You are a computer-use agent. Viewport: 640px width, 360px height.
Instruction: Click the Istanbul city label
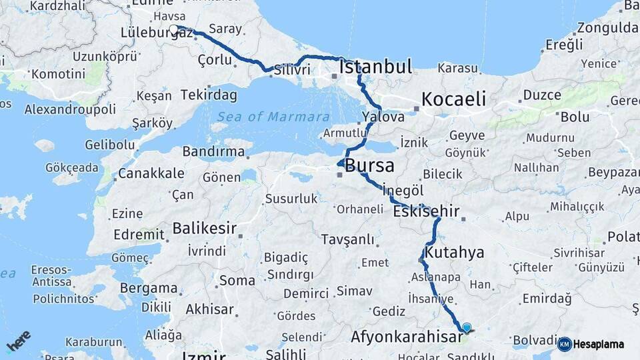[375, 67]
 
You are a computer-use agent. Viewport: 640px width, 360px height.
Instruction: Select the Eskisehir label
[426, 212]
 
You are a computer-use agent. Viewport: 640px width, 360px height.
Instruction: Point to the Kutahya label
[454, 253]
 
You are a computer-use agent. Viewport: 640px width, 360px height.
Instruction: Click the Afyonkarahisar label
[406, 337]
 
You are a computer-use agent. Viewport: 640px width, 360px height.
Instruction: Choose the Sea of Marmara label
[271, 117]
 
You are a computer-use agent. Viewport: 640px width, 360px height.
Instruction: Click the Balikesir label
[204, 229]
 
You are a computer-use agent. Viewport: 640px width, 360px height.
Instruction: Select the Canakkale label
[151, 174]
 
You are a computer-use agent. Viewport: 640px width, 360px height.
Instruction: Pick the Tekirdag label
[208, 95]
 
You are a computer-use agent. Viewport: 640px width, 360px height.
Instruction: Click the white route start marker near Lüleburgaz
[175, 29]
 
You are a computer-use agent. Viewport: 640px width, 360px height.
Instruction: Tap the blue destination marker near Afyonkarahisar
[467, 327]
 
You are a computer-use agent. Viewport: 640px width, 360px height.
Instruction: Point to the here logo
[18, 341]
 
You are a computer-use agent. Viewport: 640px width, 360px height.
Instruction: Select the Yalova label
[383, 117]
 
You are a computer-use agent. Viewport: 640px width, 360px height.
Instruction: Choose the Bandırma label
[213, 152]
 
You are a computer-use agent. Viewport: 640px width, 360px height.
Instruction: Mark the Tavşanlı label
[347, 239]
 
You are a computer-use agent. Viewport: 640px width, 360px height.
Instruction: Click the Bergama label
[149, 289]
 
